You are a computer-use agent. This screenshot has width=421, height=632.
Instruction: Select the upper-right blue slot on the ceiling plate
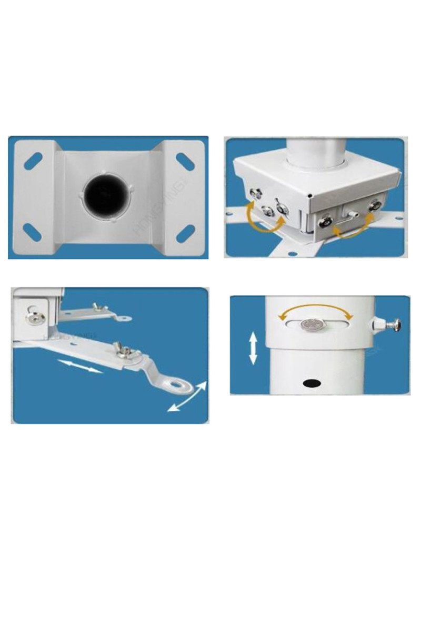click(185, 161)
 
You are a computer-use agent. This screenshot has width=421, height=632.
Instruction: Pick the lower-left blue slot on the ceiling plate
click(33, 232)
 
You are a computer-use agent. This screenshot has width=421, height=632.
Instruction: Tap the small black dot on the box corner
click(311, 196)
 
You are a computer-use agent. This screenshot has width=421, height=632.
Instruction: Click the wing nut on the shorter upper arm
click(99, 308)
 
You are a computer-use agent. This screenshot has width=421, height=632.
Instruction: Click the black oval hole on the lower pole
click(312, 382)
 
